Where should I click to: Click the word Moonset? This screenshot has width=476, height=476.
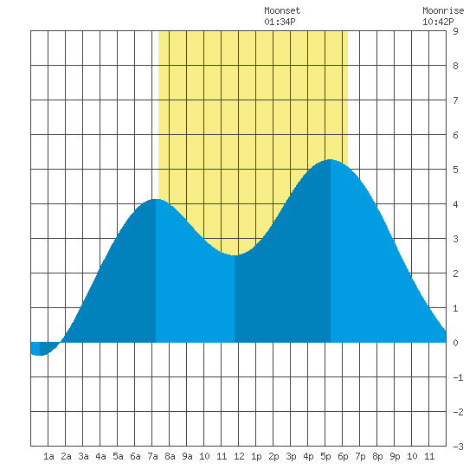point(282,10)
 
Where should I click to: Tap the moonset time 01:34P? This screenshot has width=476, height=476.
point(280,22)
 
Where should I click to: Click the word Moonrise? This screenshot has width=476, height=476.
point(443,10)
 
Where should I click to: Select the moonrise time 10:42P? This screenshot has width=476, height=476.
point(438,22)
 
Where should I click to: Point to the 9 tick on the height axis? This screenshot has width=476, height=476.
point(455,31)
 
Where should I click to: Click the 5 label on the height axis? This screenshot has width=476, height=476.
point(455,170)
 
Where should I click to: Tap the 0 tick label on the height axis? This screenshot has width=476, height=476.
point(455,343)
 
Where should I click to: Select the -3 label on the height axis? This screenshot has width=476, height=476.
point(458,447)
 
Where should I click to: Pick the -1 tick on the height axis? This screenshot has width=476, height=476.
point(458,377)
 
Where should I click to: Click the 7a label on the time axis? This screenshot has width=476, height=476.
point(152,456)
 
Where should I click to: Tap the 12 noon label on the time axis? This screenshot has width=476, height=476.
point(239,456)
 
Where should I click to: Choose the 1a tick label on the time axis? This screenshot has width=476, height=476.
point(48,456)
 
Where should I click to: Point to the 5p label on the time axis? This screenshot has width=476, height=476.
point(325,456)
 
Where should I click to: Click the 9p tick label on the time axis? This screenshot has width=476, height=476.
point(395,456)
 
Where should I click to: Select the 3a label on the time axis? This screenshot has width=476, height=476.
point(83,456)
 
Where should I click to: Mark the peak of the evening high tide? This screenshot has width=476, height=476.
point(330,159)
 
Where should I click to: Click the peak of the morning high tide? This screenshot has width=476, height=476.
point(156,199)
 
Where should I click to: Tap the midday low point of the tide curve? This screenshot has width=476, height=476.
point(235,255)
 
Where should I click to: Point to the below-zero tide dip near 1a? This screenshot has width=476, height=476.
point(40,355)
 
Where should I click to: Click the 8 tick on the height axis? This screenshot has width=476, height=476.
point(455,66)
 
